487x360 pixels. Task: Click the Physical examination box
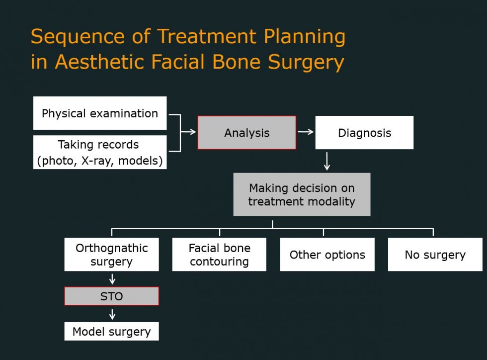coord(100,113)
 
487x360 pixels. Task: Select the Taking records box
coord(100,152)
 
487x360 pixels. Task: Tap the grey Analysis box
coord(247,133)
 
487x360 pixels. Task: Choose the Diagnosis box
coord(364,133)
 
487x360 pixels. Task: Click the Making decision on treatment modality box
coord(302,194)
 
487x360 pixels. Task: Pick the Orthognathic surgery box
coord(111,255)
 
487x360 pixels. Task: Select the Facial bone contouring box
coord(219,255)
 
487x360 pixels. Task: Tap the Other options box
coord(327,255)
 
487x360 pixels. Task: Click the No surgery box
coord(435,255)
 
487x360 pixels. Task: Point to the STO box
coord(111,296)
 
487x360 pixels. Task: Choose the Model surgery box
coord(111,331)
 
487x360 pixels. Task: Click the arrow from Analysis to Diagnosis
coord(306,132)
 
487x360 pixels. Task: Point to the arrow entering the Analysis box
coord(188,132)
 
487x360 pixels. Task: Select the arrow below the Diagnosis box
coord(327,161)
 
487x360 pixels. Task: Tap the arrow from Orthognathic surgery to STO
coord(112,279)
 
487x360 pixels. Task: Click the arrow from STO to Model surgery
coord(112,314)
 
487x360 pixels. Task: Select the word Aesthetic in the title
coord(99,62)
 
